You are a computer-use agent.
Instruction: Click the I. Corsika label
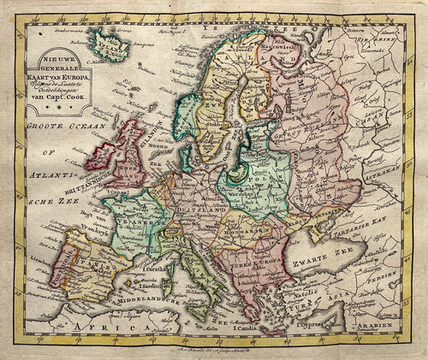pyautogui.click(x=156, y=270)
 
